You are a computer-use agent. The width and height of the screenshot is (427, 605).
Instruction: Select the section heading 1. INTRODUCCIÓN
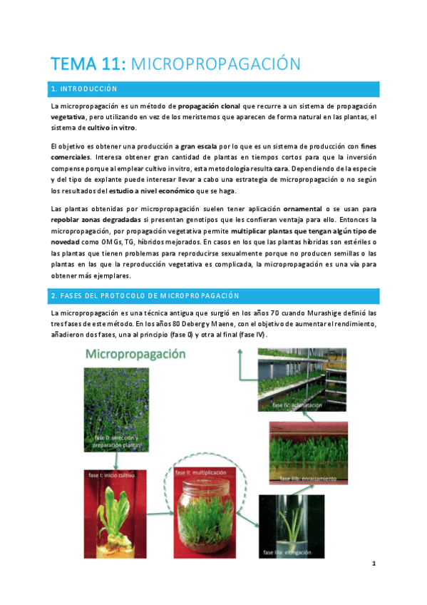tap(83, 89)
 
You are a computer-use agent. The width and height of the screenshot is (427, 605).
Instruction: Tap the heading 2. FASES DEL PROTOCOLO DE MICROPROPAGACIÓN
tap(144, 295)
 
